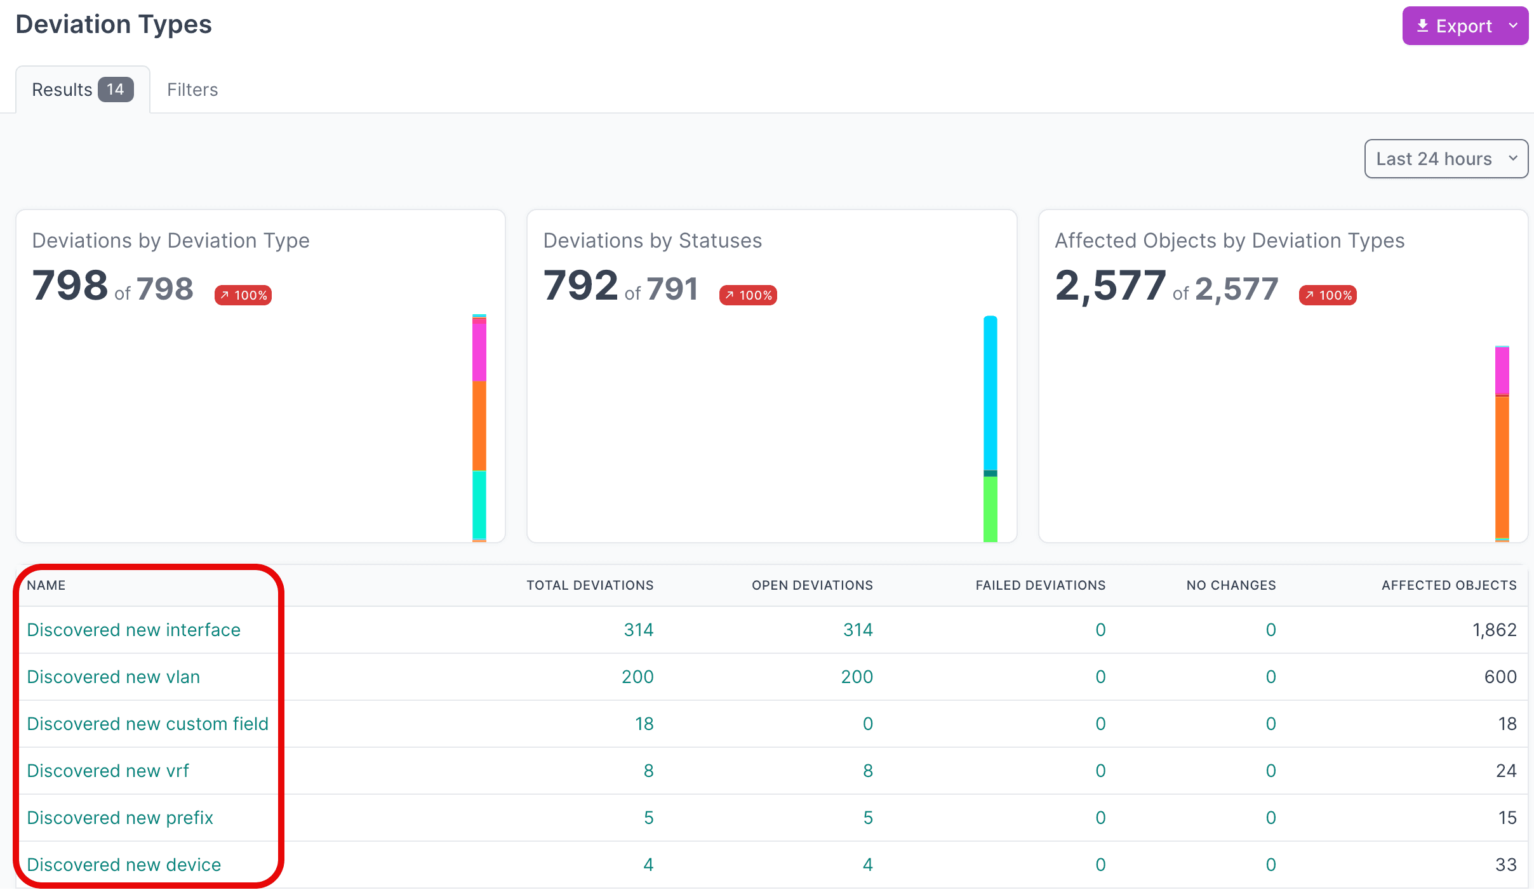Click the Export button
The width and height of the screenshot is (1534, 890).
click(1465, 26)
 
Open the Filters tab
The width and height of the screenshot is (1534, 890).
click(192, 90)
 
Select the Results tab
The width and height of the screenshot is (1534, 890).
click(83, 90)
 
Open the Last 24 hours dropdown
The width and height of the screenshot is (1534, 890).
click(1446, 159)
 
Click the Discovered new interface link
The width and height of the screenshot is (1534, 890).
click(134, 630)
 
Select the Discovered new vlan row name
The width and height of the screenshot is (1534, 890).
click(114, 677)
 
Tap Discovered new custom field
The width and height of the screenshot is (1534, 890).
click(148, 724)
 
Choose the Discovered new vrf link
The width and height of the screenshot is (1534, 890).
click(108, 771)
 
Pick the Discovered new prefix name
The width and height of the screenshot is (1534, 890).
click(120, 818)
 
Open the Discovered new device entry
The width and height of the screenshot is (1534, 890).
click(124, 865)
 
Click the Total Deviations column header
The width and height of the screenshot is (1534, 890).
click(590, 585)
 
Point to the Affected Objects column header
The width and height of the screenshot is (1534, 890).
click(1449, 585)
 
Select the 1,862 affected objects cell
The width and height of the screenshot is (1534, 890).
click(1495, 630)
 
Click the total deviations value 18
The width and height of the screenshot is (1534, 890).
click(644, 724)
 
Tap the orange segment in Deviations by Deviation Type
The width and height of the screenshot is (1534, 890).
click(479, 426)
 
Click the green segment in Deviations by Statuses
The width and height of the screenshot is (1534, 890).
click(990, 509)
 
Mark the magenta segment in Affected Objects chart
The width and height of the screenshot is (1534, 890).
click(1502, 371)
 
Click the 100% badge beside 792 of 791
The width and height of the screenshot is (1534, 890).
click(748, 295)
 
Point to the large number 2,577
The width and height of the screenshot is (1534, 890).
click(1110, 286)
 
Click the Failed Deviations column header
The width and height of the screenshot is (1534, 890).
click(1041, 585)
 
